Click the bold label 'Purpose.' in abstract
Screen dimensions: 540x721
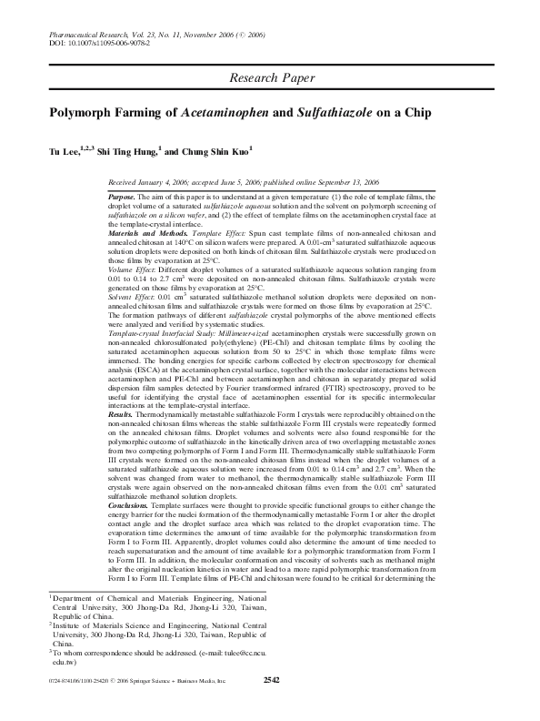click(122, 197)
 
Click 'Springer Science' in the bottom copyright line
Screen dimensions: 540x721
click(179, 705)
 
